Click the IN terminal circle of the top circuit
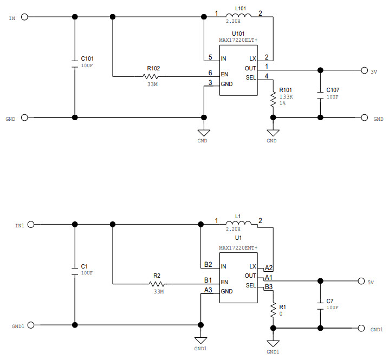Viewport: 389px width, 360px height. coord(24,17)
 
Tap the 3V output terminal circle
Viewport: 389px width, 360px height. coord(364,70)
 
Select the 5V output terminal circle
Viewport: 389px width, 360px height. coord(360,281)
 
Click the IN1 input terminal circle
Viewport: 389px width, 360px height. coord(31,224)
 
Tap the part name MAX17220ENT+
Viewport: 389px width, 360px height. coord(238,247)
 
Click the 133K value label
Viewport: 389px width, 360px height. coord(286,96)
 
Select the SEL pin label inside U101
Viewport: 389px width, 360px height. coord(250,77)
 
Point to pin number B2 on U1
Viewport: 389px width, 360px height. coord(208,264)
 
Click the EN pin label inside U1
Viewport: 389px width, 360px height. coord(225,282)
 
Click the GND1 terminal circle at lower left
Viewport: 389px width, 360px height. coord(31,325)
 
